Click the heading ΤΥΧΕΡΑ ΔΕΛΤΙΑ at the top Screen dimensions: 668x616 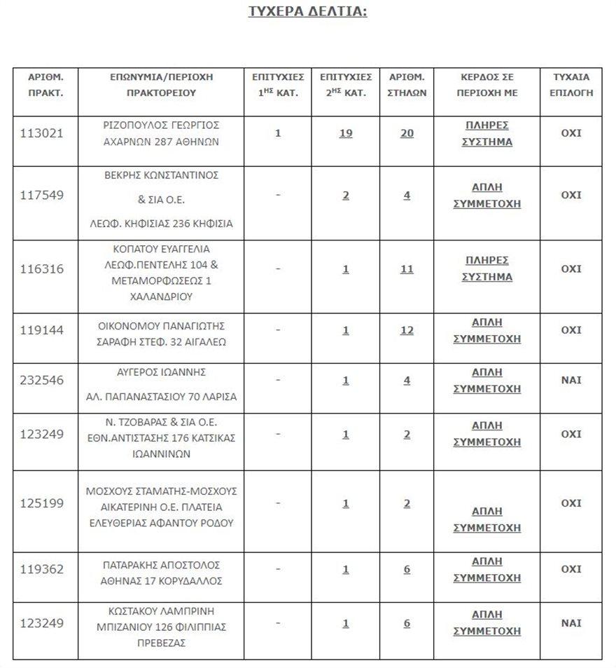[x=307, y=11]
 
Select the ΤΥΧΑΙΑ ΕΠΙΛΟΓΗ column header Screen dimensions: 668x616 [x=571, y=85]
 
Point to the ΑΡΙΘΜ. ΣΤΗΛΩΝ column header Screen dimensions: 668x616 [x=407, y=85]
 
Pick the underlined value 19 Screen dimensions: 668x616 [x=346, y=133]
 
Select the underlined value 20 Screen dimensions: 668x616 [x=407, y=133]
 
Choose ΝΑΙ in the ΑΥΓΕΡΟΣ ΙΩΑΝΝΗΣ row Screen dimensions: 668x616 [x=571, y=381]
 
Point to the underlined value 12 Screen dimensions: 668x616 [x=407, y=330]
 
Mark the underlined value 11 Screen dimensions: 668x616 [x=407, y=269]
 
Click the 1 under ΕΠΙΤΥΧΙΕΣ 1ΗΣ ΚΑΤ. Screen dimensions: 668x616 [x=278, y=133]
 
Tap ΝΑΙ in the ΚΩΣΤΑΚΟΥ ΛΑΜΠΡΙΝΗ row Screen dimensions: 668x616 [x=571, y=623]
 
